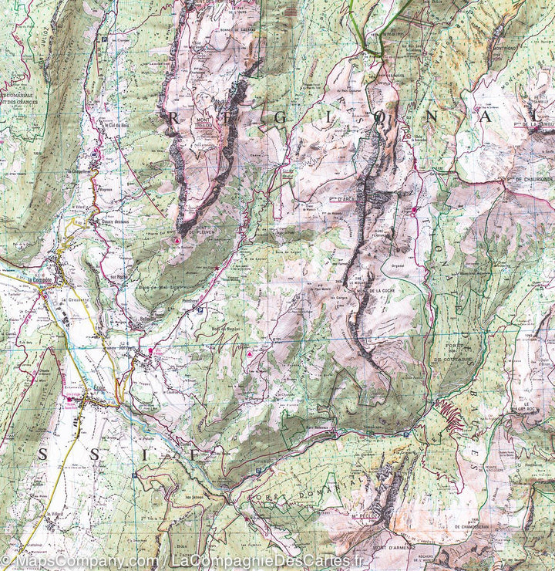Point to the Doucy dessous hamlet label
pyautogui.click(x=113, y=222)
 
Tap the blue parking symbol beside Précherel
pyautogui.click(x=200, y=310)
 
